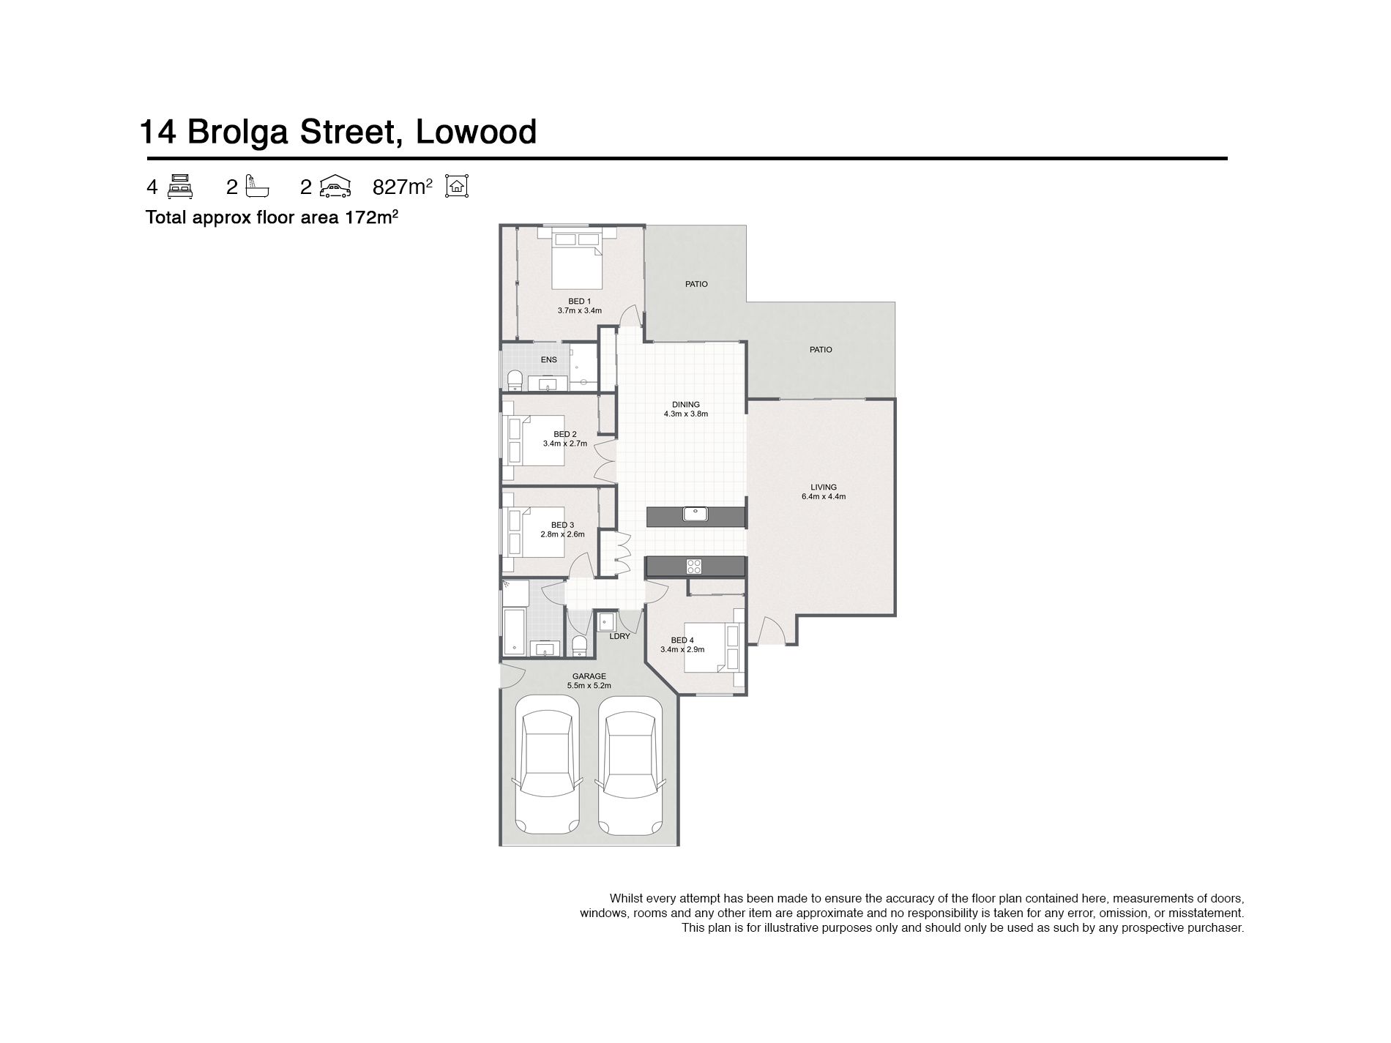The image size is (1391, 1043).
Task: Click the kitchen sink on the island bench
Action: click(x=695, y=515)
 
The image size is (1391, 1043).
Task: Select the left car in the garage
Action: click(x=548, y=766)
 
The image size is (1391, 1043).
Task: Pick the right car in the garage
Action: click(x=631, y=766)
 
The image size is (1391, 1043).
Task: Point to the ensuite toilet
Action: click(x=515, y=380)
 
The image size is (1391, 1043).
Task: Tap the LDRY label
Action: click(x=619, y=636)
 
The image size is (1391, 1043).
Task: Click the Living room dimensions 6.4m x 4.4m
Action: click(x=824, y=497)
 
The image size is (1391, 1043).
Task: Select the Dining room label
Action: click(x=686, y=405)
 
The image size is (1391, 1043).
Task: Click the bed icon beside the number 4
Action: click(x=180, y=187)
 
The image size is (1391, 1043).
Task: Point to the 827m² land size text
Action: click(x=402, y=187)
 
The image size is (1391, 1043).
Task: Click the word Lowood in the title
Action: click(x=476, y=132)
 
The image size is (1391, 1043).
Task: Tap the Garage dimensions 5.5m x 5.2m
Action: click(x=589, y=686)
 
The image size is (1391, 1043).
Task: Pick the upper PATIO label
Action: click(x=696, y=284)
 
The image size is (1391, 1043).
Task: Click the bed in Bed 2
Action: click(x=533, y=441)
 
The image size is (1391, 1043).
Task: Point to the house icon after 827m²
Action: click(x=457, y=187)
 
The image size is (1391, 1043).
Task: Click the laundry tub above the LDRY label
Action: click(x=607, y=621)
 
